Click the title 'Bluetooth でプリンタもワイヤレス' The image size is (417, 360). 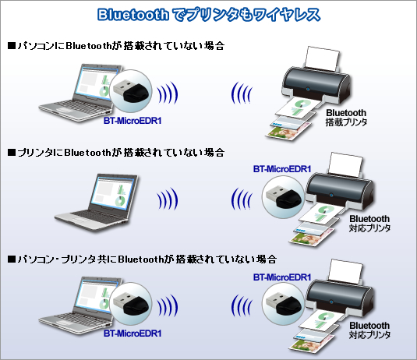209,15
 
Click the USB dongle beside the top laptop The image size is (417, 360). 130,90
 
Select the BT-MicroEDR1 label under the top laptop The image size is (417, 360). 133,121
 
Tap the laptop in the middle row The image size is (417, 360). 97,203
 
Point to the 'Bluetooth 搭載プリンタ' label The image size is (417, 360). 346,117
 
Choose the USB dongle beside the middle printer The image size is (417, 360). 283,197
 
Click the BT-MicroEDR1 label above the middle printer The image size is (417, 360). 282,169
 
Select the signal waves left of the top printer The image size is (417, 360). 241,93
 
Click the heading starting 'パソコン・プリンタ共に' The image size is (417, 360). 142,259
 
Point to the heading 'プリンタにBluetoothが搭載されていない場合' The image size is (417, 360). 116,153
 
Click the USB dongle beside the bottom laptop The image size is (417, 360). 130,303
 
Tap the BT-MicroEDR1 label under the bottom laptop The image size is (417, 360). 133,334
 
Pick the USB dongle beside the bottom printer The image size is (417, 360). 283,304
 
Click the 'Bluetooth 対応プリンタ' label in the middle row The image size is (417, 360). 369,224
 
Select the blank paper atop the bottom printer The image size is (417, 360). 346,272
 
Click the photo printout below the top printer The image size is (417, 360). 287,132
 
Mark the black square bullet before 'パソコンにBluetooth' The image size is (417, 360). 12,46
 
